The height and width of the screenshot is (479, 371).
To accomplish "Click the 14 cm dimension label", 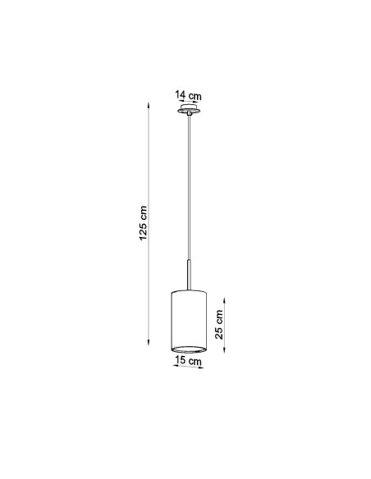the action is point(188,95).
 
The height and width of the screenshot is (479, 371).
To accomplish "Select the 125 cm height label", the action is point(143,223).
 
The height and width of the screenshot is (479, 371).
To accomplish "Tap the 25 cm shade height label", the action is point(219,324).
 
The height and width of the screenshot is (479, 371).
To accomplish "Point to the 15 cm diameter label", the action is point(188,360).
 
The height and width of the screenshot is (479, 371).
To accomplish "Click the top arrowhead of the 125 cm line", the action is point(149,105).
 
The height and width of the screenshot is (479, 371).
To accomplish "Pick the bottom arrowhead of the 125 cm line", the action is point(149,342).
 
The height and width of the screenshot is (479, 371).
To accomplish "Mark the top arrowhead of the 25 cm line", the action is point(225,300).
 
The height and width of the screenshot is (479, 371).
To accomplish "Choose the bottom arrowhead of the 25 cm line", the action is point(225,350).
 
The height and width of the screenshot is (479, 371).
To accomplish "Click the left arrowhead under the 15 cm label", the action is point(176,365).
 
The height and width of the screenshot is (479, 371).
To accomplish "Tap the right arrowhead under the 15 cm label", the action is point(200,367).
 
